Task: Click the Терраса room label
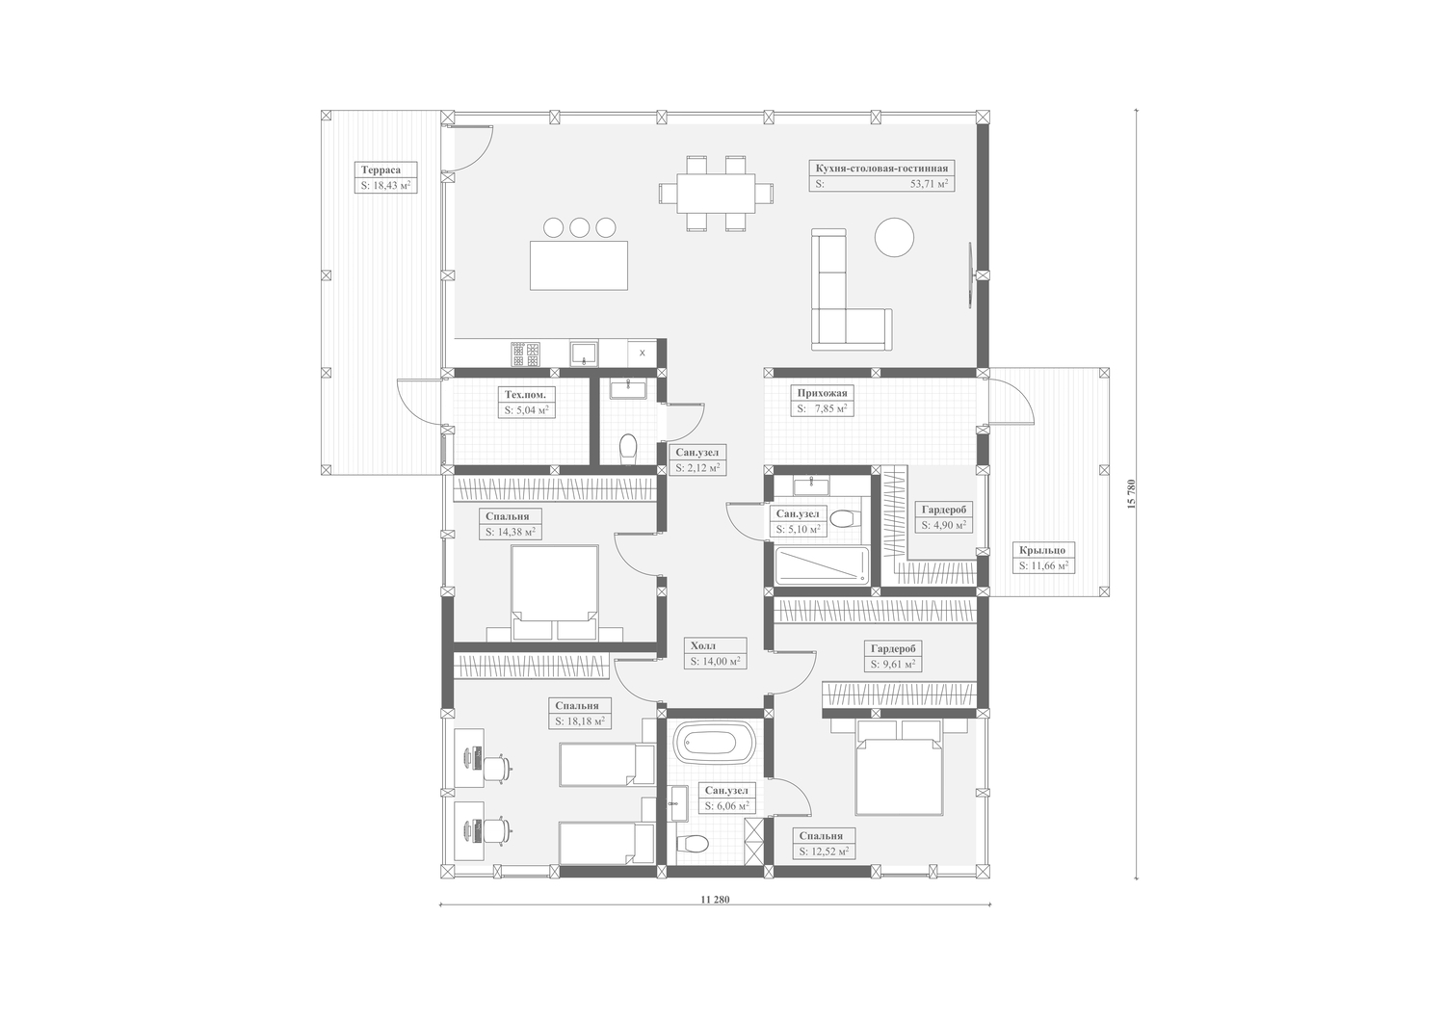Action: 381,170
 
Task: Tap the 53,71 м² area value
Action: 929,184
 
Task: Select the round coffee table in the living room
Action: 894,237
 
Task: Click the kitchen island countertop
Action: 579,265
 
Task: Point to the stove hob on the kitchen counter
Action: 526,354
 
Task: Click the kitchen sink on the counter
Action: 584,354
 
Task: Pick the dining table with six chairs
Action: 716,194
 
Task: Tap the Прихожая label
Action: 822,393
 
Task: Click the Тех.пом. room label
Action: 525,394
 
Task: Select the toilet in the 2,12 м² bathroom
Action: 628,449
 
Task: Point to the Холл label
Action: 703,645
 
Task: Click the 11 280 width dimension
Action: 714,900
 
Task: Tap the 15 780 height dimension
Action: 1130,494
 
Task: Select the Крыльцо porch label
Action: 1041,550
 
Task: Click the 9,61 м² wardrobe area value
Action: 893,664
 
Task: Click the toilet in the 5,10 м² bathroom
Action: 844,518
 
